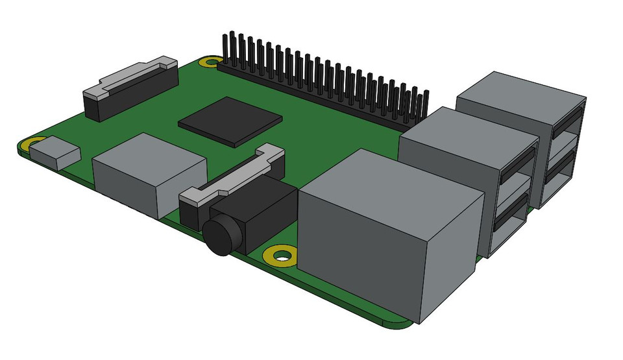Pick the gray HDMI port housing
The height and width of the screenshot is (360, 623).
(149, 172)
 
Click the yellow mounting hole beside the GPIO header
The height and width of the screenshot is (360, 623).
(210, 63)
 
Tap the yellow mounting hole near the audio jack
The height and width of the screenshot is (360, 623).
(282, 256)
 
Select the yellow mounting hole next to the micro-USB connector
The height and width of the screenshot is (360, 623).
(32, 144)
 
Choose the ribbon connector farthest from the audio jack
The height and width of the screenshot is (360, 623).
(130, 88)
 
